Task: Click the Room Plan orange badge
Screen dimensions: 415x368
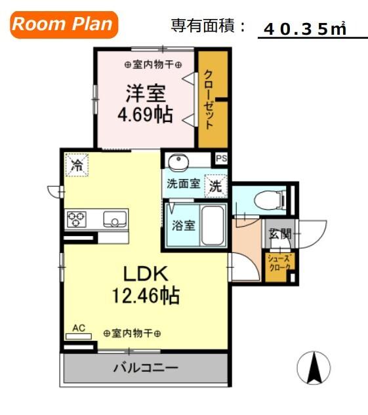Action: tap(63, 26)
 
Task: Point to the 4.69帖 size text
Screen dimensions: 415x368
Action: tap(145, 115)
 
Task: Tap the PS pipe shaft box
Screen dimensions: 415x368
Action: tap(221, 159)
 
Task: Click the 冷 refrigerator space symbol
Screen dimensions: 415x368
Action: tap(77, 165)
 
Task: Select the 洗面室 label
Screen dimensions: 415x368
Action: tap(183, 185)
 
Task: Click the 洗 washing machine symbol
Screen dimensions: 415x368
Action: tap(215, 186)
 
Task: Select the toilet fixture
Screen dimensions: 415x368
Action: tap(270, 199)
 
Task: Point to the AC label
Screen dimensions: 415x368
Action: tap(79, 327)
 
